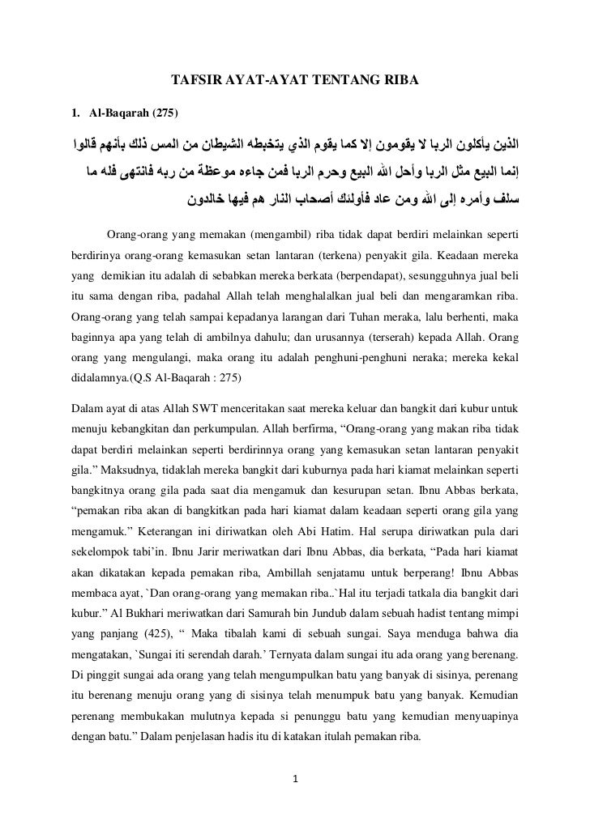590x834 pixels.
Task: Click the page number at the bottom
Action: coord(296,781)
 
